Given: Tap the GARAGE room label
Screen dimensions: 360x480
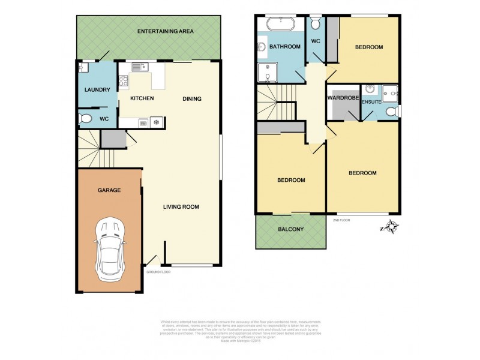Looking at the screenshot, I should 109,190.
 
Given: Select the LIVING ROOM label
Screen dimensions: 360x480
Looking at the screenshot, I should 181,207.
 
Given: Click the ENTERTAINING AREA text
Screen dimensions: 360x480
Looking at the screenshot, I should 165,31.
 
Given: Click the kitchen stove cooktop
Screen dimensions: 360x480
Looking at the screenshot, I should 124,80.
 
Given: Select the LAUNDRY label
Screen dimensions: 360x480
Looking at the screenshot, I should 97,90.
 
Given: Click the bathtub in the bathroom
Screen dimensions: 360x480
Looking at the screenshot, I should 280,25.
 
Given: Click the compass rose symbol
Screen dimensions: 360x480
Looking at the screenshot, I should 391,227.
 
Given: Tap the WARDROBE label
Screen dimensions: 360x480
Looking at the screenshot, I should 343,97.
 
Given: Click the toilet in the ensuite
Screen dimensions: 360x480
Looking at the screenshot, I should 392,111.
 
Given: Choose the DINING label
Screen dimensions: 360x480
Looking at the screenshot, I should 192,99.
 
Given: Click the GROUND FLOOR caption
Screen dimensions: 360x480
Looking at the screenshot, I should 158,272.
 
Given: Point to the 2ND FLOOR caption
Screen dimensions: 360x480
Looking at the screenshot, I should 341,220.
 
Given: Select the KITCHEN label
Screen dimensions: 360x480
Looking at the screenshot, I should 142,98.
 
